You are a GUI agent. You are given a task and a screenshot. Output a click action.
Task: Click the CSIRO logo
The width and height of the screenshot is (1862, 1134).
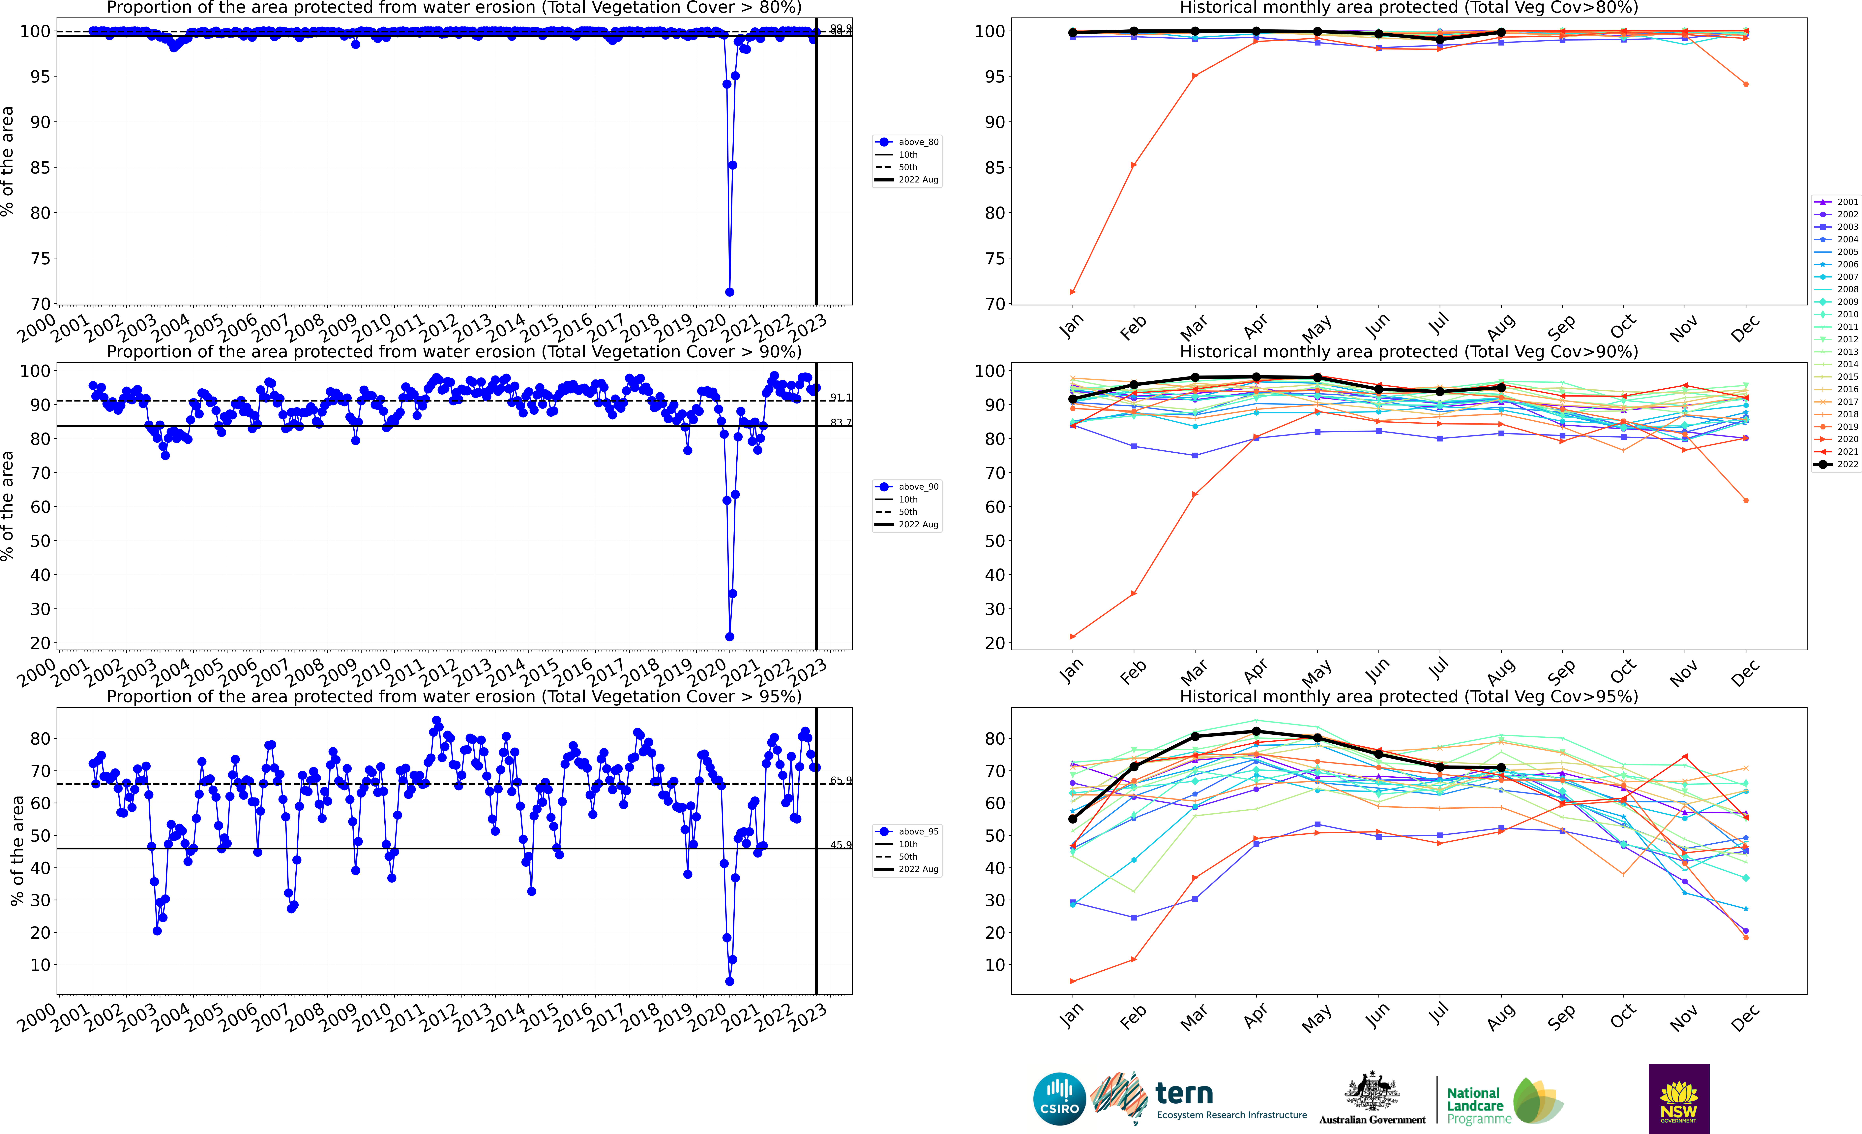(x=1059, y=1098)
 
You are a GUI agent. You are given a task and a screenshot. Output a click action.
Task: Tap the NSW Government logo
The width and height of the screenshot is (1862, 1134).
(x=1678, y=1098)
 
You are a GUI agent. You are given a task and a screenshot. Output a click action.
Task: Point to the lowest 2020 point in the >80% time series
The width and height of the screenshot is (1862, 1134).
(x=729, y=292)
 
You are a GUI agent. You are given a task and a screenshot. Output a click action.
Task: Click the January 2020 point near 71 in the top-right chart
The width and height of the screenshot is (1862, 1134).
(x=1072, y=292)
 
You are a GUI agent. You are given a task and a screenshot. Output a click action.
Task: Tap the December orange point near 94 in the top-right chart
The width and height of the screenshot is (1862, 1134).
(x=1746, y=84)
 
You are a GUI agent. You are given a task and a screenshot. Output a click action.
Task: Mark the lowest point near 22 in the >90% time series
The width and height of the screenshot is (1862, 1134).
(x=729, y=636)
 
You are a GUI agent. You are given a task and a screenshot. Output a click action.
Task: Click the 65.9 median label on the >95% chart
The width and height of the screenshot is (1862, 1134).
(x=840, y=780)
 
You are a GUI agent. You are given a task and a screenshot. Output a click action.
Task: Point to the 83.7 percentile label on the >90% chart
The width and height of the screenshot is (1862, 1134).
(x=840, y=423)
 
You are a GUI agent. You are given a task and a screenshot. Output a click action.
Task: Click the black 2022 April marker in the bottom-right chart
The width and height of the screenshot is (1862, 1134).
(x=1256, y=731)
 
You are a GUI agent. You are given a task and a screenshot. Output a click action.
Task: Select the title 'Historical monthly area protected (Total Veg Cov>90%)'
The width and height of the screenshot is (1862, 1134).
(x=1409, y=352)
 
